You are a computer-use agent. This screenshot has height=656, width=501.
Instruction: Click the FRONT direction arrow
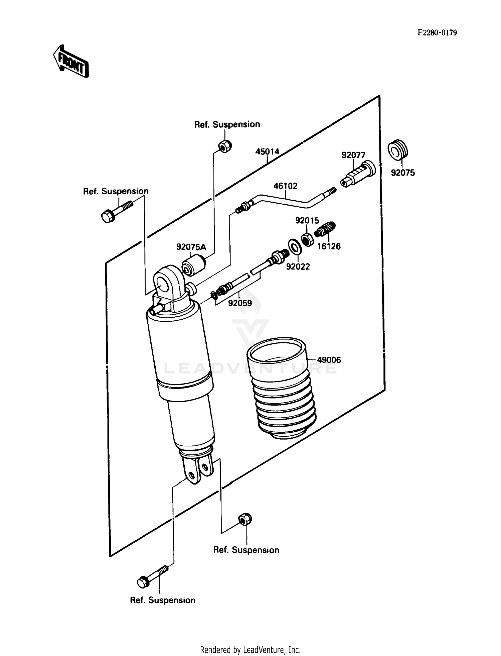[x=71, y=62]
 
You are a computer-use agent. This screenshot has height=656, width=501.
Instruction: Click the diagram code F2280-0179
[x=437, y=33]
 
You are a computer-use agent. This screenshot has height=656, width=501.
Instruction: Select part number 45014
[x=267, y=152]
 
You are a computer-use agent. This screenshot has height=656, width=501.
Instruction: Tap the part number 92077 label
[x=353, y=155]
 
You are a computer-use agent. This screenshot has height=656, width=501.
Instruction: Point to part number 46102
[x=285, y=186]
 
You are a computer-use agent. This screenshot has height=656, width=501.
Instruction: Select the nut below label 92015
[x=307, y=239]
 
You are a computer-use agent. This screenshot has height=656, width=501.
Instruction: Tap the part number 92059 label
[x=240, y=303]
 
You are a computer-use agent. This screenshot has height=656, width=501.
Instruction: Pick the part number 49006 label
[x=329, y=360]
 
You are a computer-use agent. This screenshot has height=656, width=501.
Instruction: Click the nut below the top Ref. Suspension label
[x=225, y=146]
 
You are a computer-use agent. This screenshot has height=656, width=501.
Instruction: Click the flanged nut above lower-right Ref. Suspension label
[x=245, y=519]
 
